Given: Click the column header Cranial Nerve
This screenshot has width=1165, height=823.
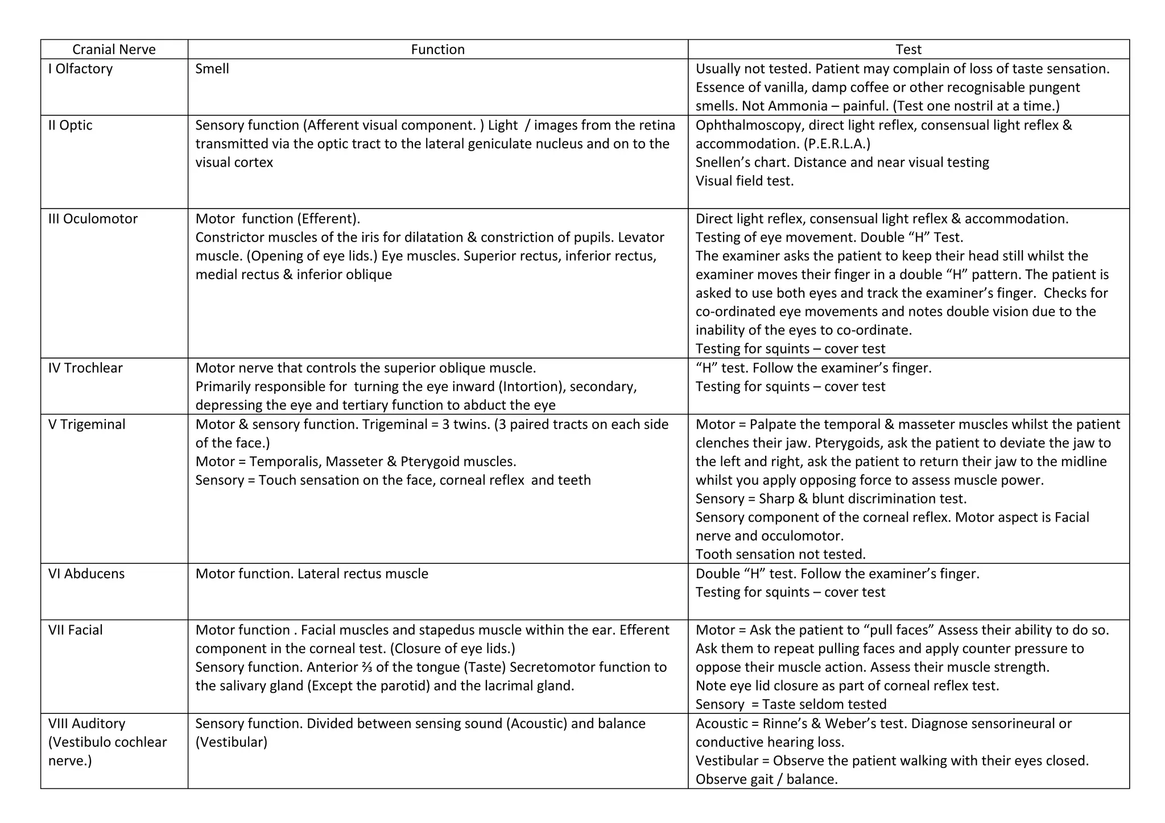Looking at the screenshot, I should point(114,49).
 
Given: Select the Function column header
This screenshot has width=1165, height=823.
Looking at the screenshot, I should point(437,49).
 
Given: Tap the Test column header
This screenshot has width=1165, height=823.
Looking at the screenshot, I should point(908,49).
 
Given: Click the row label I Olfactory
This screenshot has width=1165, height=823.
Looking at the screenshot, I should point(80,69).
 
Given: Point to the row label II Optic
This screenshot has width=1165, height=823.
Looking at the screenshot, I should point(70,125).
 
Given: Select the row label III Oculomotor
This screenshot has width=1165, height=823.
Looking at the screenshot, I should point(93,219).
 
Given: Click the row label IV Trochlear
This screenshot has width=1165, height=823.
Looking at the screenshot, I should point(85,368).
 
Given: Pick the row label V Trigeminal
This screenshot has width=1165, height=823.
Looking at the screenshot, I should point(86,424).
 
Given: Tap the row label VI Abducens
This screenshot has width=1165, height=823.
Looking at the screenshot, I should point(86,573).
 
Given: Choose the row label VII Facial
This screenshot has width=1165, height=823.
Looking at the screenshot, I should point(75,630).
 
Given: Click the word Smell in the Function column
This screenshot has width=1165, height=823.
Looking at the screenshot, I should point(212,69).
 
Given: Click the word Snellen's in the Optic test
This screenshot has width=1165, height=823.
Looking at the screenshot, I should point(721,163).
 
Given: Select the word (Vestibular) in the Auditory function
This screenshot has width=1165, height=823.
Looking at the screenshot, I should point(231,742).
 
